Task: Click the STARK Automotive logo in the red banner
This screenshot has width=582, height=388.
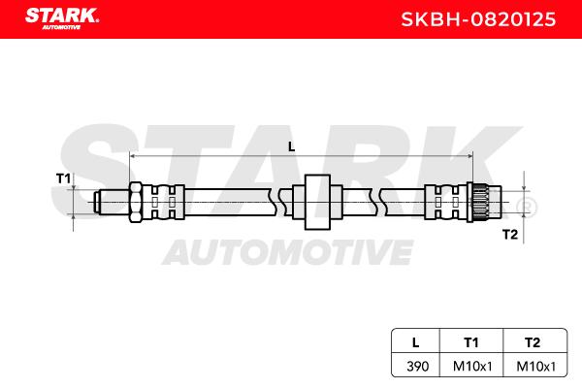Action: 62,18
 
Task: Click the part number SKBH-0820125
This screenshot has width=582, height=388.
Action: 478,19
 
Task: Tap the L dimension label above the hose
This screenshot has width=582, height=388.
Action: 292,147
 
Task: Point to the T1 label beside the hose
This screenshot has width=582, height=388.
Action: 63,178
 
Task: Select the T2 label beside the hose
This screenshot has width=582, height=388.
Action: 510,235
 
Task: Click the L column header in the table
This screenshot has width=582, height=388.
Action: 416,342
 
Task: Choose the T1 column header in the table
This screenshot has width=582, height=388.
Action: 471,342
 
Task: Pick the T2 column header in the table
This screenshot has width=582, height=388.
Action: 533,342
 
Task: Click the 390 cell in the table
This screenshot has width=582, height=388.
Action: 417,367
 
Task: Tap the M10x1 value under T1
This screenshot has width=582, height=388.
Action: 472,367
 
